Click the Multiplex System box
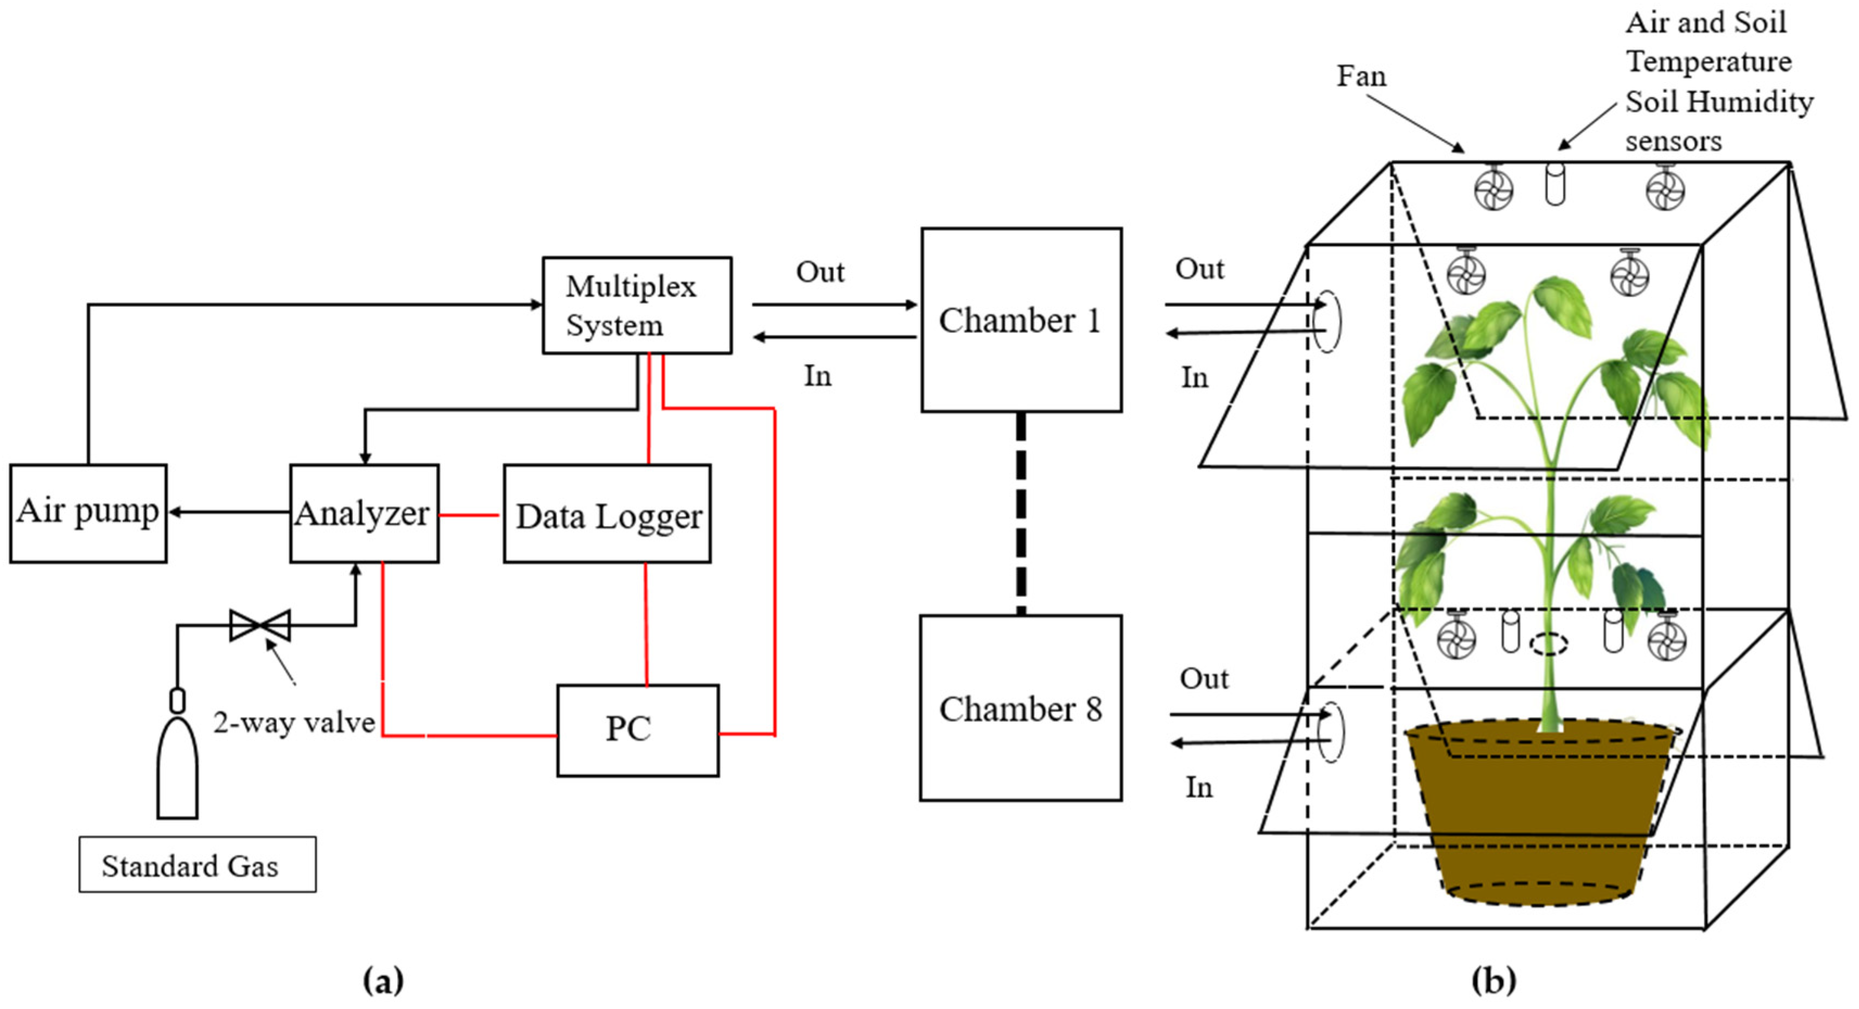(x=636, y=305)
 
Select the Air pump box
(x=88, y=512)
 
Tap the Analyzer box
(x=364, y=513)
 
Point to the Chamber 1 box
(x=1021, y=320)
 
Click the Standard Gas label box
(x=197, y=865)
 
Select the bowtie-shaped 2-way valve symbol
(x=260, y=625)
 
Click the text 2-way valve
(x=294, y=722)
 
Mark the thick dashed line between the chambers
(x=1021, y=513)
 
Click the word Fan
(x=1361, y=76)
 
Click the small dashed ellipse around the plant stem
(x=1549, y=643)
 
